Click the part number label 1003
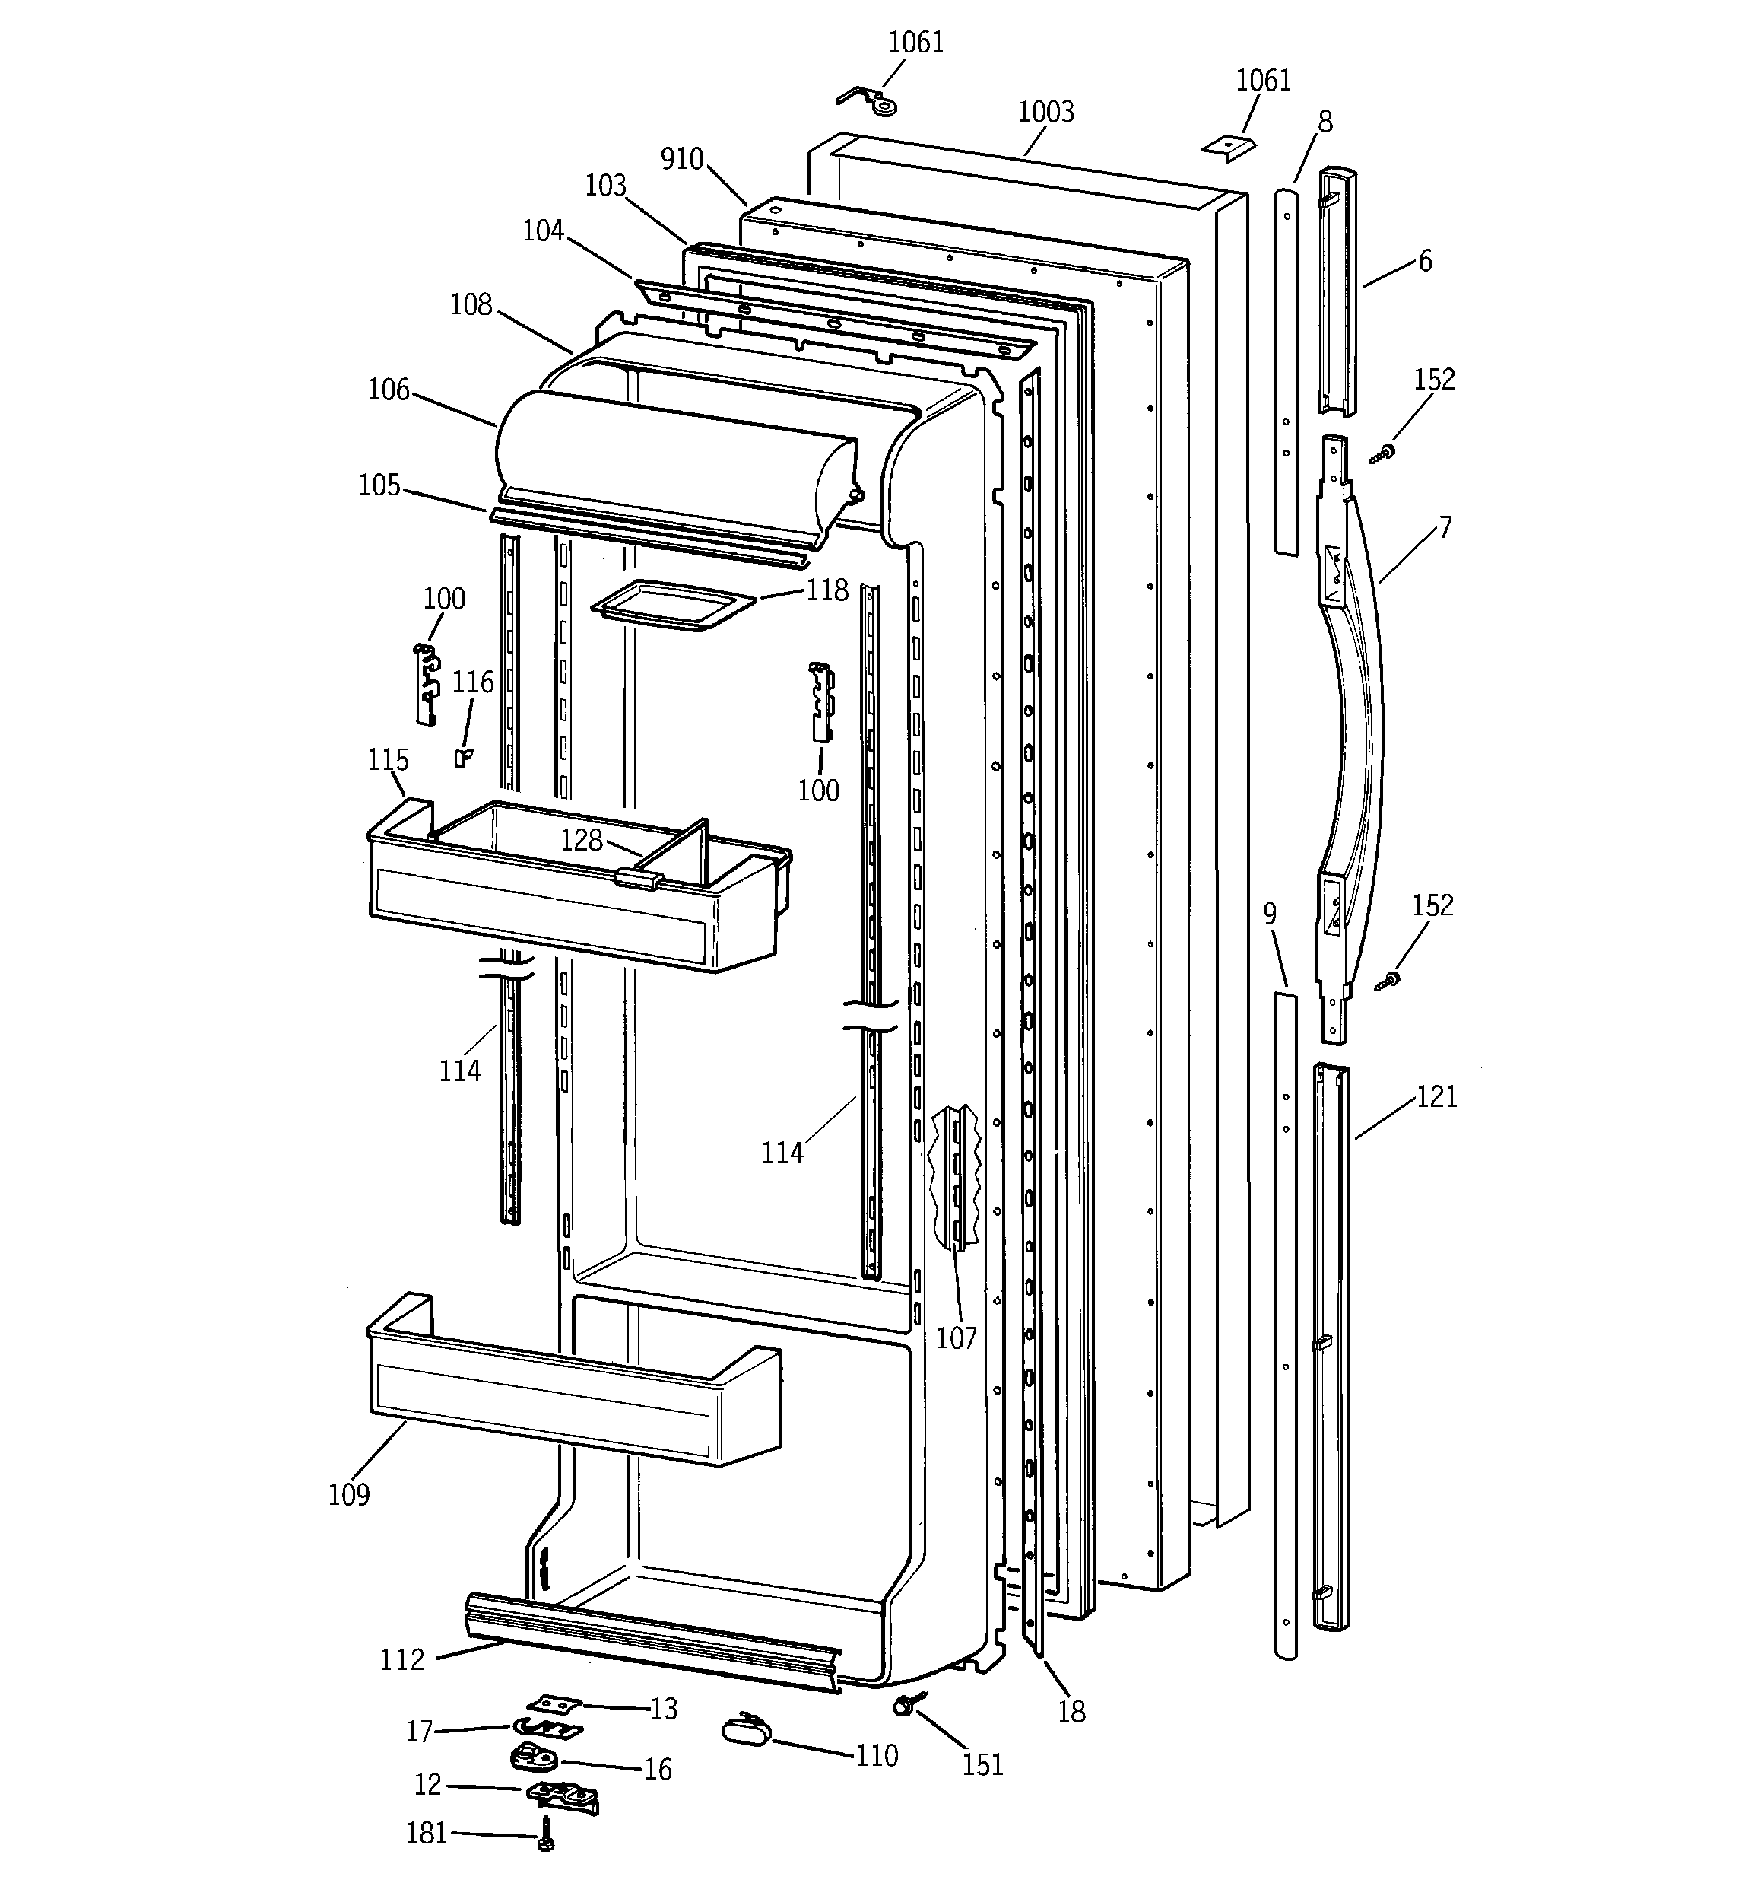pyautogui.click(x=1045, y=112)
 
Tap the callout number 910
pyautogui.click(x=682, y=159)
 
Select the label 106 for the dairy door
pyautogui.click(x=389, y=390)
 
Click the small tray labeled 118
pyautogui.click(x=672, y=606)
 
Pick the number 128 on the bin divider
pyautogui.click(x=582, y=839)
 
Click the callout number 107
pyautogui.click(x=957, y=1338)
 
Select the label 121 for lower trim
pyautogui.click(x=1436, y=1097)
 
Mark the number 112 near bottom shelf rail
pyautogui.click(x=401, y=1659)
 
